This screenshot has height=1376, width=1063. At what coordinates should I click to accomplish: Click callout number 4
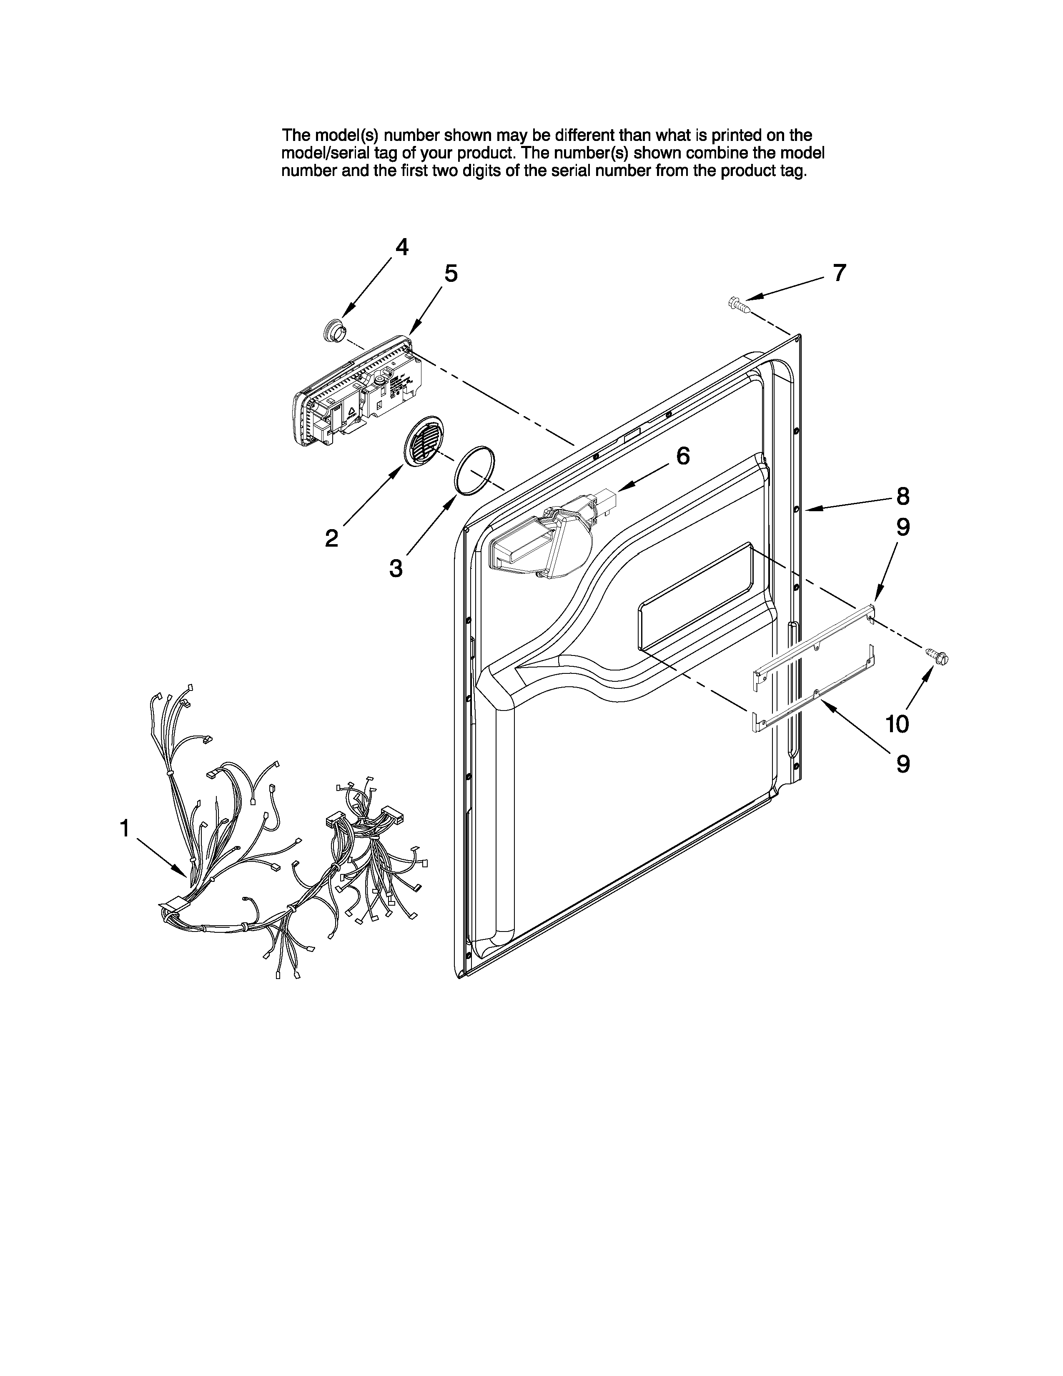(x=401, y=247)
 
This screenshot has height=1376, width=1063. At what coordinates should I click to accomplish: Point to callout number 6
(x=683, y=455)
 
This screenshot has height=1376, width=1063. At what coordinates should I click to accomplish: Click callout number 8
(x=903, y=497)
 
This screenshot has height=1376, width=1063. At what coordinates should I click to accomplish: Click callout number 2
(x=331, y=538)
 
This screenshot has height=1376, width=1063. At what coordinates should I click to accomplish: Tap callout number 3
(x=396, y=568)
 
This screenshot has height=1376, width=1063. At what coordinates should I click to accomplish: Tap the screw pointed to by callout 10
(x=937, y=656)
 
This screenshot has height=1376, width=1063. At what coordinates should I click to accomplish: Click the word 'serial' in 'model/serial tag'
(x=349, y=153)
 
